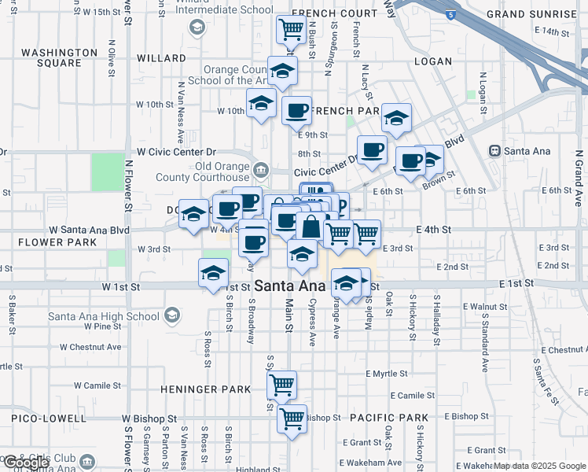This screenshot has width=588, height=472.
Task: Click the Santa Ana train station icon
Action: point(495,150)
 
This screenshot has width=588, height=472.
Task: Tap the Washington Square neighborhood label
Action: point(59,57)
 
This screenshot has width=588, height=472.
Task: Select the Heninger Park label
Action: point(206,389)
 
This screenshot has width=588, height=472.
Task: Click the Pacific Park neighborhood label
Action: point(389,417)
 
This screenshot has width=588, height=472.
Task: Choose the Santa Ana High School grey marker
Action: point(171,316)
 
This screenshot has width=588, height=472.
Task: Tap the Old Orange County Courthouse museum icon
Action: point(260,169)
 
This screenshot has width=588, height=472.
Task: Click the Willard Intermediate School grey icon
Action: point(197,28)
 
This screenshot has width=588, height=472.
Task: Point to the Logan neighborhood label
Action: point(432,61)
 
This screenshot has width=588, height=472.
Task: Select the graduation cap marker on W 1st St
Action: point(211,275)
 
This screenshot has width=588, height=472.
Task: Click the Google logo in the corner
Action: point(25,463)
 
